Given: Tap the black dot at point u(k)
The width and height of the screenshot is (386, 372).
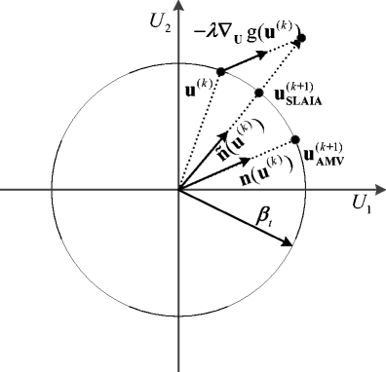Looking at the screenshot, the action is tap(221, 71).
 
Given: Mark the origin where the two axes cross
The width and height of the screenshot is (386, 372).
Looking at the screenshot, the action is tap(177, 190).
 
